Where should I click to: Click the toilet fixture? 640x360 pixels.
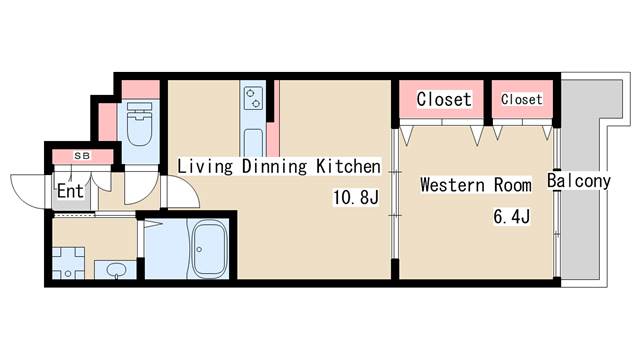click(x=139, y=124)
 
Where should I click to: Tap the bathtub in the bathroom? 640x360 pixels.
click(x=210, y=249)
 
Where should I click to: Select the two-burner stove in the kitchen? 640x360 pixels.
click(x=253, y=98)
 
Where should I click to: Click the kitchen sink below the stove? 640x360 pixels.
click(x=253, y=142)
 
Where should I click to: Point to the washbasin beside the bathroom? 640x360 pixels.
click(x=116, y=270)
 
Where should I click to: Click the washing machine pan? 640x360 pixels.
click(x=68, y=263)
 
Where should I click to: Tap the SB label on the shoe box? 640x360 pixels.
click(x=82, y=156)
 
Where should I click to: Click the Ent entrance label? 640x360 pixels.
click(x=70, y=191)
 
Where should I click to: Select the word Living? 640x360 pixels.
click(x=205, y=167)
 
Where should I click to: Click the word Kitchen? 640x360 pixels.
click(x=348, y=166)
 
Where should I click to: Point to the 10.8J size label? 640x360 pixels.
click(x=356, y=198)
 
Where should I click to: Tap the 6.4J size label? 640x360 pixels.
click(x=511, y=216)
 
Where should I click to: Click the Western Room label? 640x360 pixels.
click(x=476, y=185)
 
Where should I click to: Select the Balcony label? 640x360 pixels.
click(x=579, y=180)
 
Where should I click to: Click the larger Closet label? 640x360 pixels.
click(x=444, y=99)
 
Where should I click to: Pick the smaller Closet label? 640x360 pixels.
click(x=522, y=99)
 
